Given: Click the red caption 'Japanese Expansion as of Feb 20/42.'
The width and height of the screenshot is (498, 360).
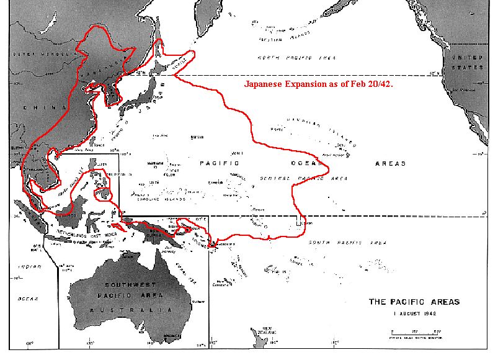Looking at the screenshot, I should (319, 83).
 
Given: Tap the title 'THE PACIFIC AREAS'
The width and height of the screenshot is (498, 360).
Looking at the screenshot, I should (414, 302).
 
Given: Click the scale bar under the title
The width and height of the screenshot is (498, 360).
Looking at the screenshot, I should (414, 330).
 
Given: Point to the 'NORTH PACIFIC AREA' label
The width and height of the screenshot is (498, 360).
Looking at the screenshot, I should (298, 58).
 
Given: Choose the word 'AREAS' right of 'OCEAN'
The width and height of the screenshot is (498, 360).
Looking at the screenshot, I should (390, 163).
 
